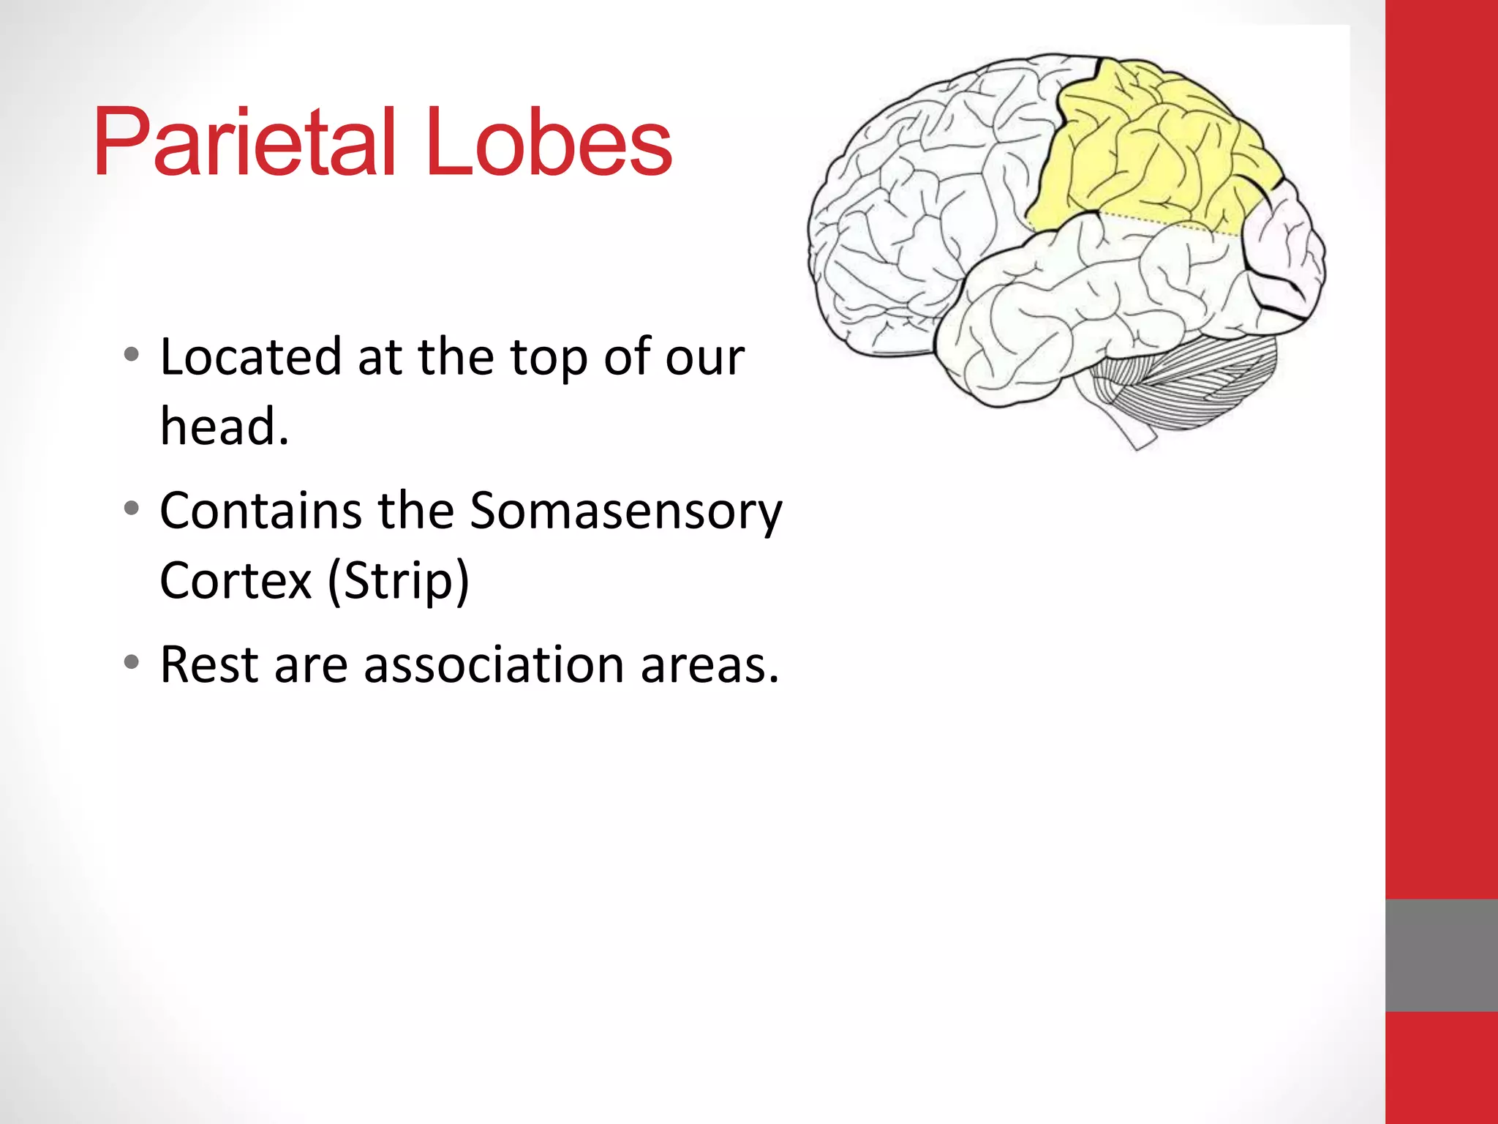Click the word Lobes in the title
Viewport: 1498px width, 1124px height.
pos(549,142)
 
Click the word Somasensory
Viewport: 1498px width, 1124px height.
pos(626,511)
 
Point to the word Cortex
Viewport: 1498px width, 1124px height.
pos(236,580)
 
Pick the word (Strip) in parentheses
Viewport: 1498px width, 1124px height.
pos(398,580)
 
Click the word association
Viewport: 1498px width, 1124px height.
pos(494,665)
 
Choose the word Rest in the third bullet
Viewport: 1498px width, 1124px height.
pos(209,665)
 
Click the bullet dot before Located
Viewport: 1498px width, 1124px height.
pos(132,356)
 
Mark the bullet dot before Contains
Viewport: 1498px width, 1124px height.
pos(132,508)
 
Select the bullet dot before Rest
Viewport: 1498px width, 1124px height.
pos(132,662)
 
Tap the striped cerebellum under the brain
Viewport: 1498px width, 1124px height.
pos(1200,381)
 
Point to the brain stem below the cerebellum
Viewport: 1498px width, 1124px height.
pos(1134,432)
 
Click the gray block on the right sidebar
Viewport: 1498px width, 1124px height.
pos(1441,955)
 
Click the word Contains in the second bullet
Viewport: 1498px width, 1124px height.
pos(260,511)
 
